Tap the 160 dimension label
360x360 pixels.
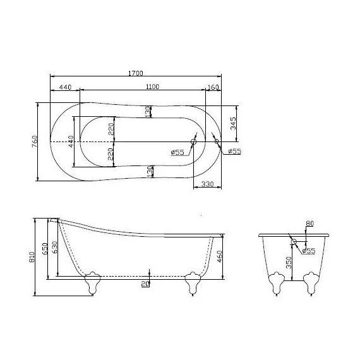click(x=212, y=87)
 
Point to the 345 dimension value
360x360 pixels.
click(x=234, y=123)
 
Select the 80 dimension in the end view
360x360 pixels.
click(x=309, y=223)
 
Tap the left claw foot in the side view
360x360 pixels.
click(x=93, y=282)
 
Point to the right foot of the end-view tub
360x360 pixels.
click(x=310, y=282)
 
